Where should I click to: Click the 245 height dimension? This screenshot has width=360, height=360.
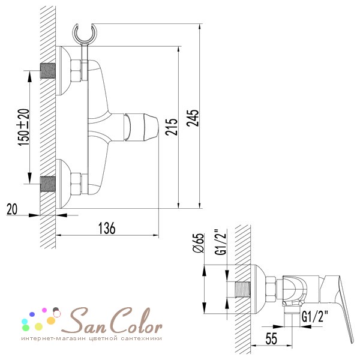[x=193, y=118]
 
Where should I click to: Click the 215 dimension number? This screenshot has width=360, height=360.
[x=172, y=127]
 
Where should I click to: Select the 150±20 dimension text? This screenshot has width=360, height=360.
[x=23, y=127]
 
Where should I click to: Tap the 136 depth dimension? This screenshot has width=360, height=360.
[x=107, y=228]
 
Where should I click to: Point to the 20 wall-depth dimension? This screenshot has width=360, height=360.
[x=12, y=209]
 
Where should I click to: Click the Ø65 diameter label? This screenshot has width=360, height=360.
[x=198, y=243]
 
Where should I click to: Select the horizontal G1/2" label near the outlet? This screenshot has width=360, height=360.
[x=315, y=317]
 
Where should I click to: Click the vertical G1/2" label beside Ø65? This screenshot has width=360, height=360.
[x=220, y=242]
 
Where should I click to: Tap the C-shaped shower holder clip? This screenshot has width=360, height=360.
[x=85, y=33]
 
